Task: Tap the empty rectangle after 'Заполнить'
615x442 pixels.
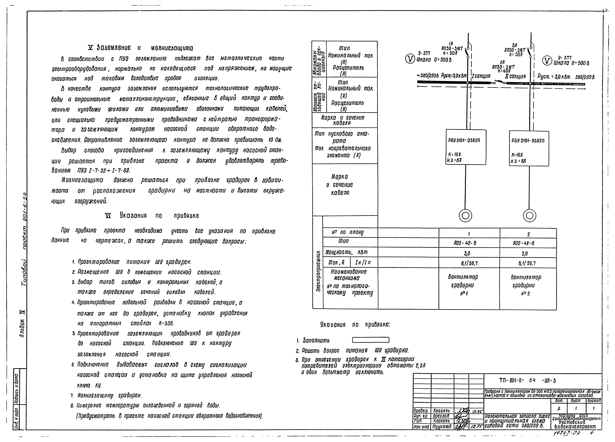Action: (x=370, y=340)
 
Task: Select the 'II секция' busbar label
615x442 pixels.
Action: (x=515, y=76)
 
